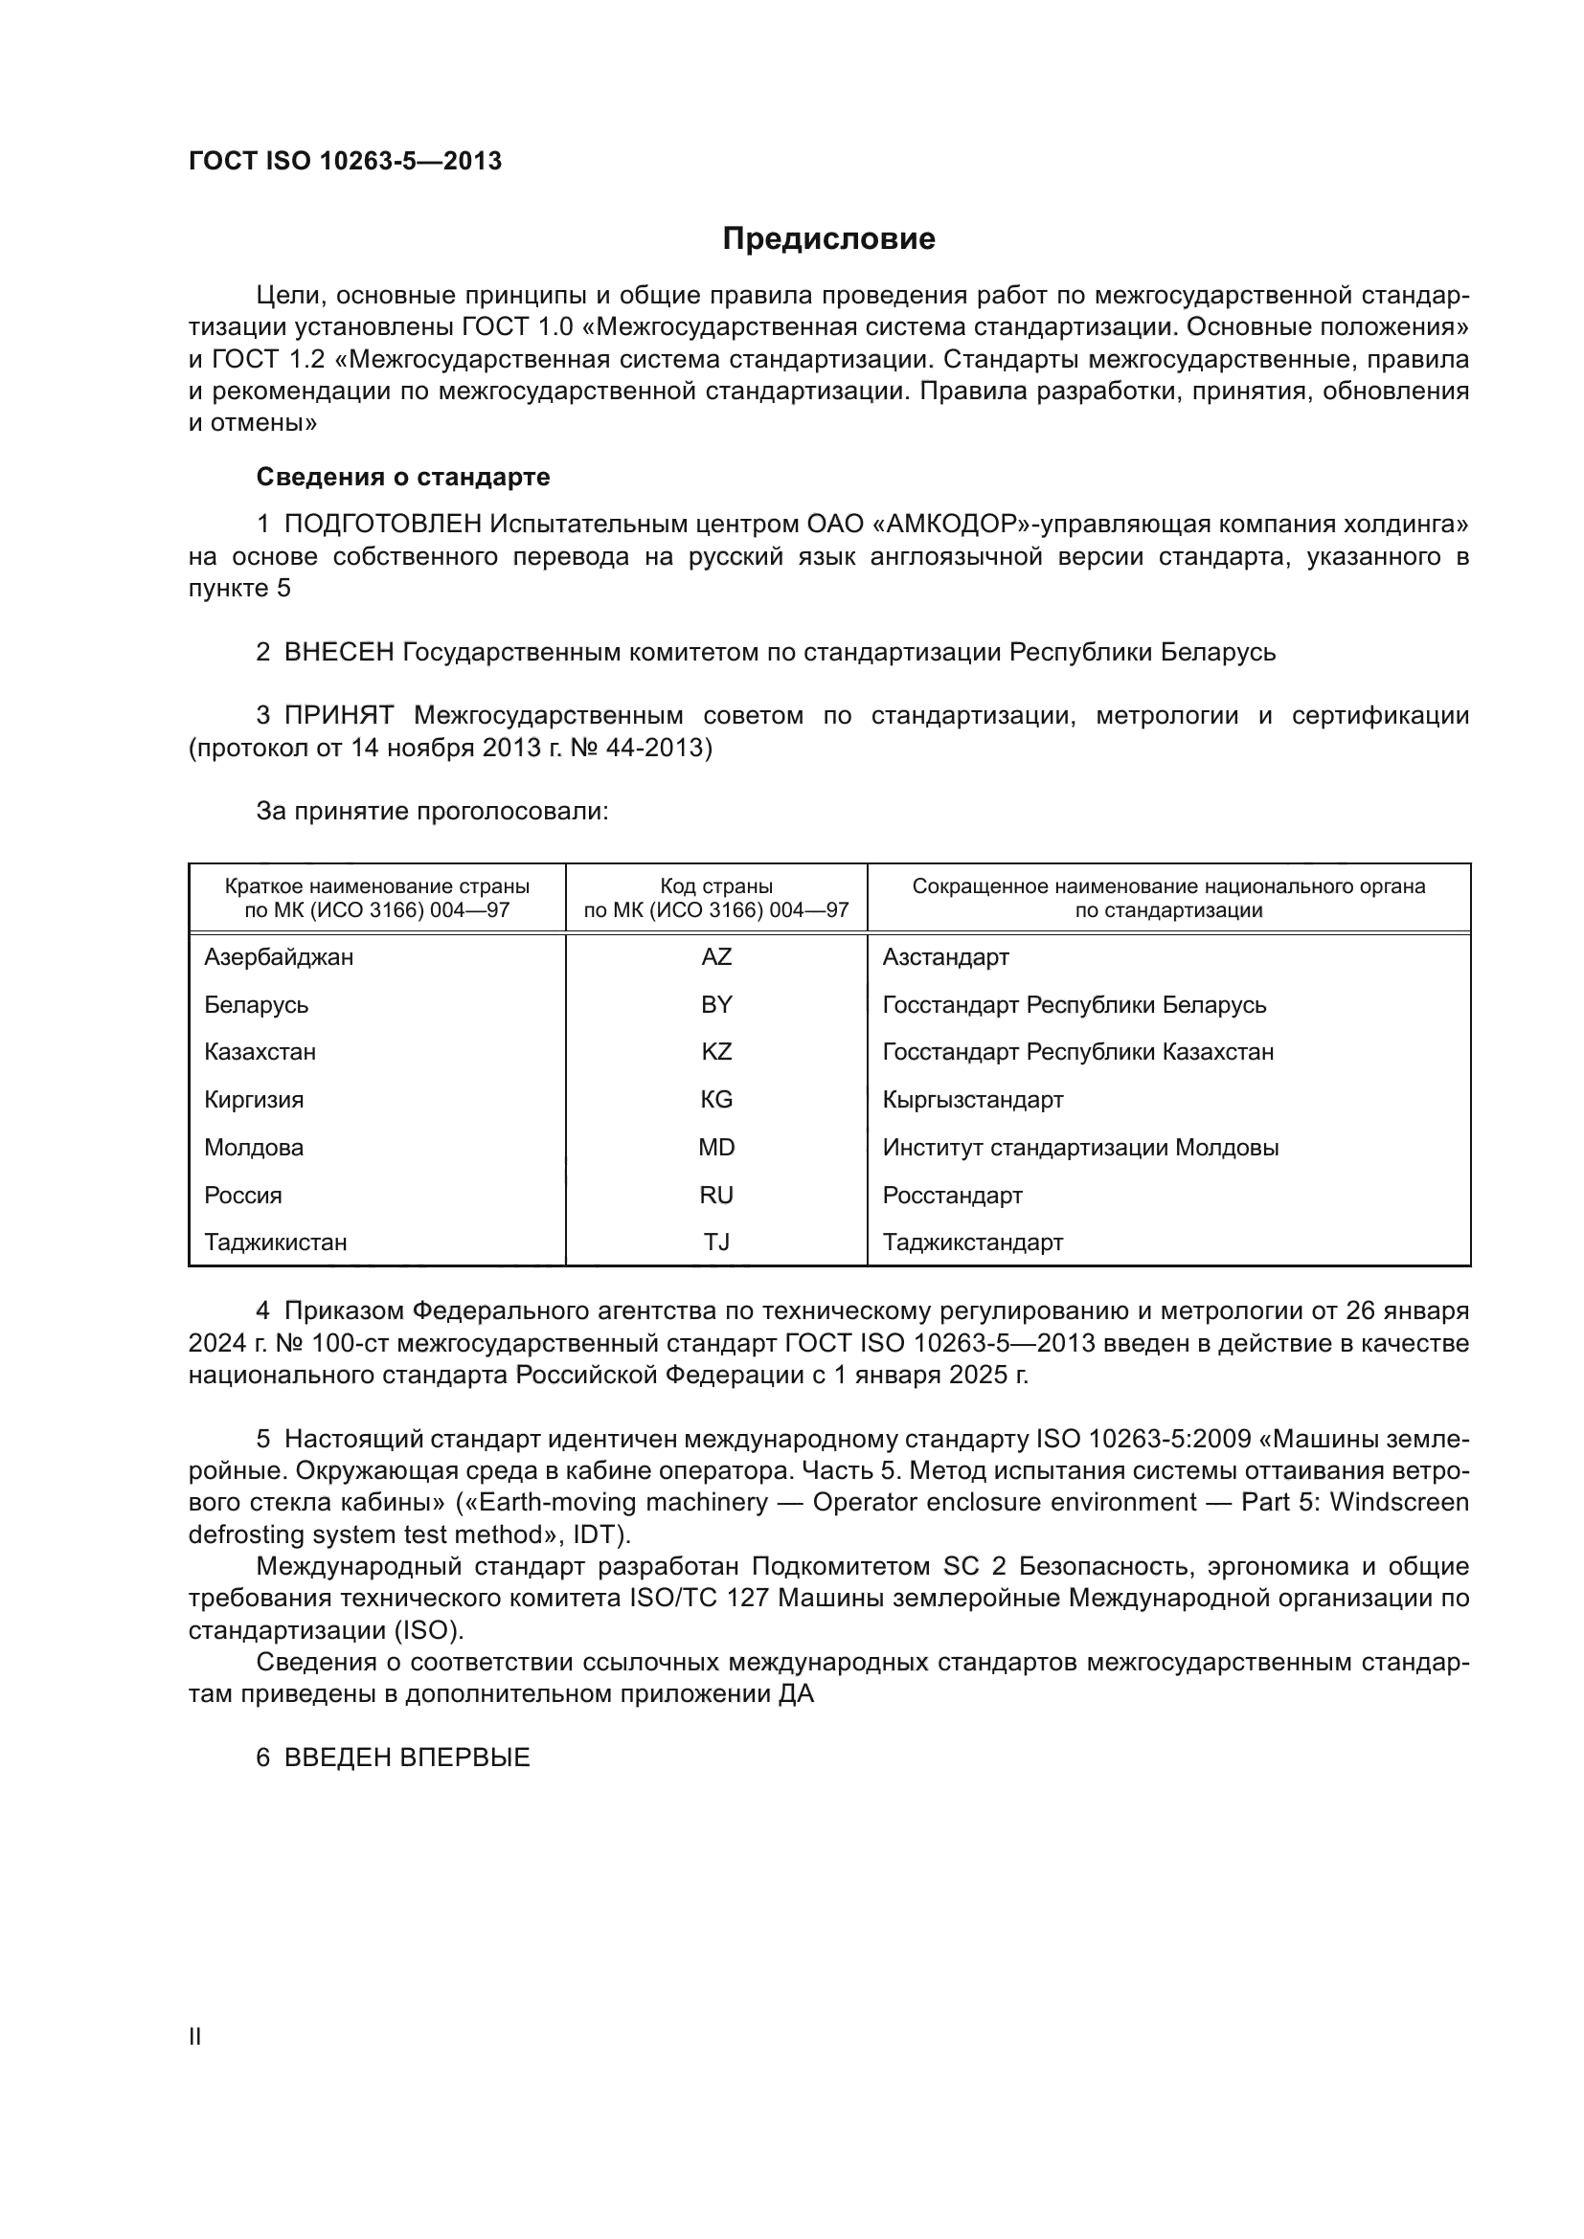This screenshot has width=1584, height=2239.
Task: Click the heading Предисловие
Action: (x=828, y=239)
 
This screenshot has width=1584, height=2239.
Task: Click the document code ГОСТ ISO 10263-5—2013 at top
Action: (x=345, y=161)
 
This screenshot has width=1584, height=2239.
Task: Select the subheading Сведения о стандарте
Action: (x=403, y=477)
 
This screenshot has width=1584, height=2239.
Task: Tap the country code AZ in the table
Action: (x=716, y=956)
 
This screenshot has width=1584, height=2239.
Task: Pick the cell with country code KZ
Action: (x=716, y=1051)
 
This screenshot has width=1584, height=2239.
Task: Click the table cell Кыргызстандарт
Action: (x=972, y=1099)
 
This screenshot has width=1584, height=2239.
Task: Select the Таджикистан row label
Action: (x=275, y=1242)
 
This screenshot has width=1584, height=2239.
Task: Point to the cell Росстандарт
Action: (x=952, y=1195)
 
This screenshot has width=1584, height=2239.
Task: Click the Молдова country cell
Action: (x=254, y=1147)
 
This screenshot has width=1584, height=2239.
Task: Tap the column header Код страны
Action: (x=716, y=886)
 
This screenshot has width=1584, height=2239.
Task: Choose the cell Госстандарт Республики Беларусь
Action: (x=1074, y=1004)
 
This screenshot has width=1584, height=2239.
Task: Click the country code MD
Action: (x=716, y=1147)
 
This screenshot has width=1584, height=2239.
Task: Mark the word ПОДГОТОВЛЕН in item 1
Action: (x=382, y=525)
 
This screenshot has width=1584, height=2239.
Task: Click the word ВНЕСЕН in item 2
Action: (x=338, y=652)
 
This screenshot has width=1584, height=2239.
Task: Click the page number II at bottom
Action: (x=195, y=2036)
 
